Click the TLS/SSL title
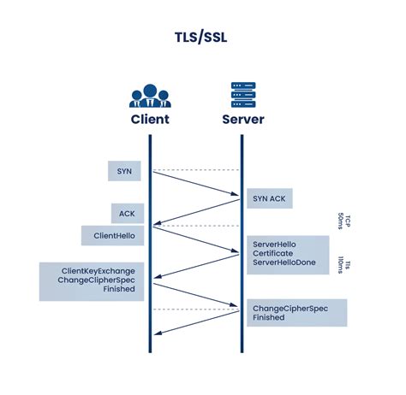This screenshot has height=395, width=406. [203, 39]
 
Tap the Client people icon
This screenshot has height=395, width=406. [150, 94]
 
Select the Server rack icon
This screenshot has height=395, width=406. [242, 94]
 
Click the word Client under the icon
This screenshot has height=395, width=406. [150, 120]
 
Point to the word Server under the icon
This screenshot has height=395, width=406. [242, 120]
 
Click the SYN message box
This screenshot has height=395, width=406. [124, 170]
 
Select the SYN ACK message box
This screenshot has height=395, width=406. [270, 198]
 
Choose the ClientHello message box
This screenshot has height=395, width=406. [113, 235]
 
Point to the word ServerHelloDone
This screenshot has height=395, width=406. [284, 264]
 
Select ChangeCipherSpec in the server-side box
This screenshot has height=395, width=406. [290, 308]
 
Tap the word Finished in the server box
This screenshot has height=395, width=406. [268, 318]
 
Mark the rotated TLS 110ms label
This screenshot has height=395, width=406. [344, 263]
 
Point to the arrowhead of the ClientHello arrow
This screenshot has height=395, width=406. [236, 252]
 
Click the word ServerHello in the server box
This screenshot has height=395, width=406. [274, 244]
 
